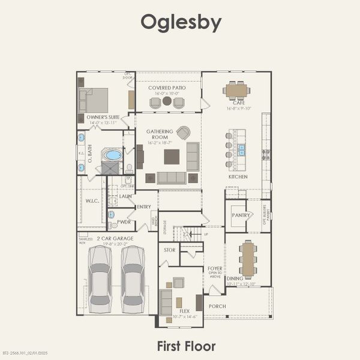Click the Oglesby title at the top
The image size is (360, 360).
pyautogui.click(x=181, y=23)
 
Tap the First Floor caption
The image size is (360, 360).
pyautogui.click(x=186, y=346)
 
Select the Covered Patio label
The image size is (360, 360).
pyautogui.click(x=167, y=88)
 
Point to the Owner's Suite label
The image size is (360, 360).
pyautogui.click(x=101, y=118)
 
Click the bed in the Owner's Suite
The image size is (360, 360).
pyautogui.click(x=94, y=100)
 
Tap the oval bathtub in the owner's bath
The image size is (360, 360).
pyautogui.click(x=113, y=155)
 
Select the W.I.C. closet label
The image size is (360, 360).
pyautogui.click(x=92, y=201)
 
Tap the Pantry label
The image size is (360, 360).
pyautogui.click(x=241, y=215)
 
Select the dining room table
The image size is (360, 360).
pyautogui.click(x=248, y=259)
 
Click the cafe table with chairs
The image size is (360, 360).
pyautogui.click(x=236, y=90)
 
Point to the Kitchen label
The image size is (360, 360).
pyautogui.click(x=238, y=177)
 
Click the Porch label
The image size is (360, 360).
pyautogui.click(x=217, y=305)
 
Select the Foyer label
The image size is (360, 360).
pyautogui.click(x=215, y=268)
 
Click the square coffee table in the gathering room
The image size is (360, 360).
pyautogui.click(x=172, y=156)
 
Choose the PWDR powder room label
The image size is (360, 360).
pyautogui.click(x=124, y=221)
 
